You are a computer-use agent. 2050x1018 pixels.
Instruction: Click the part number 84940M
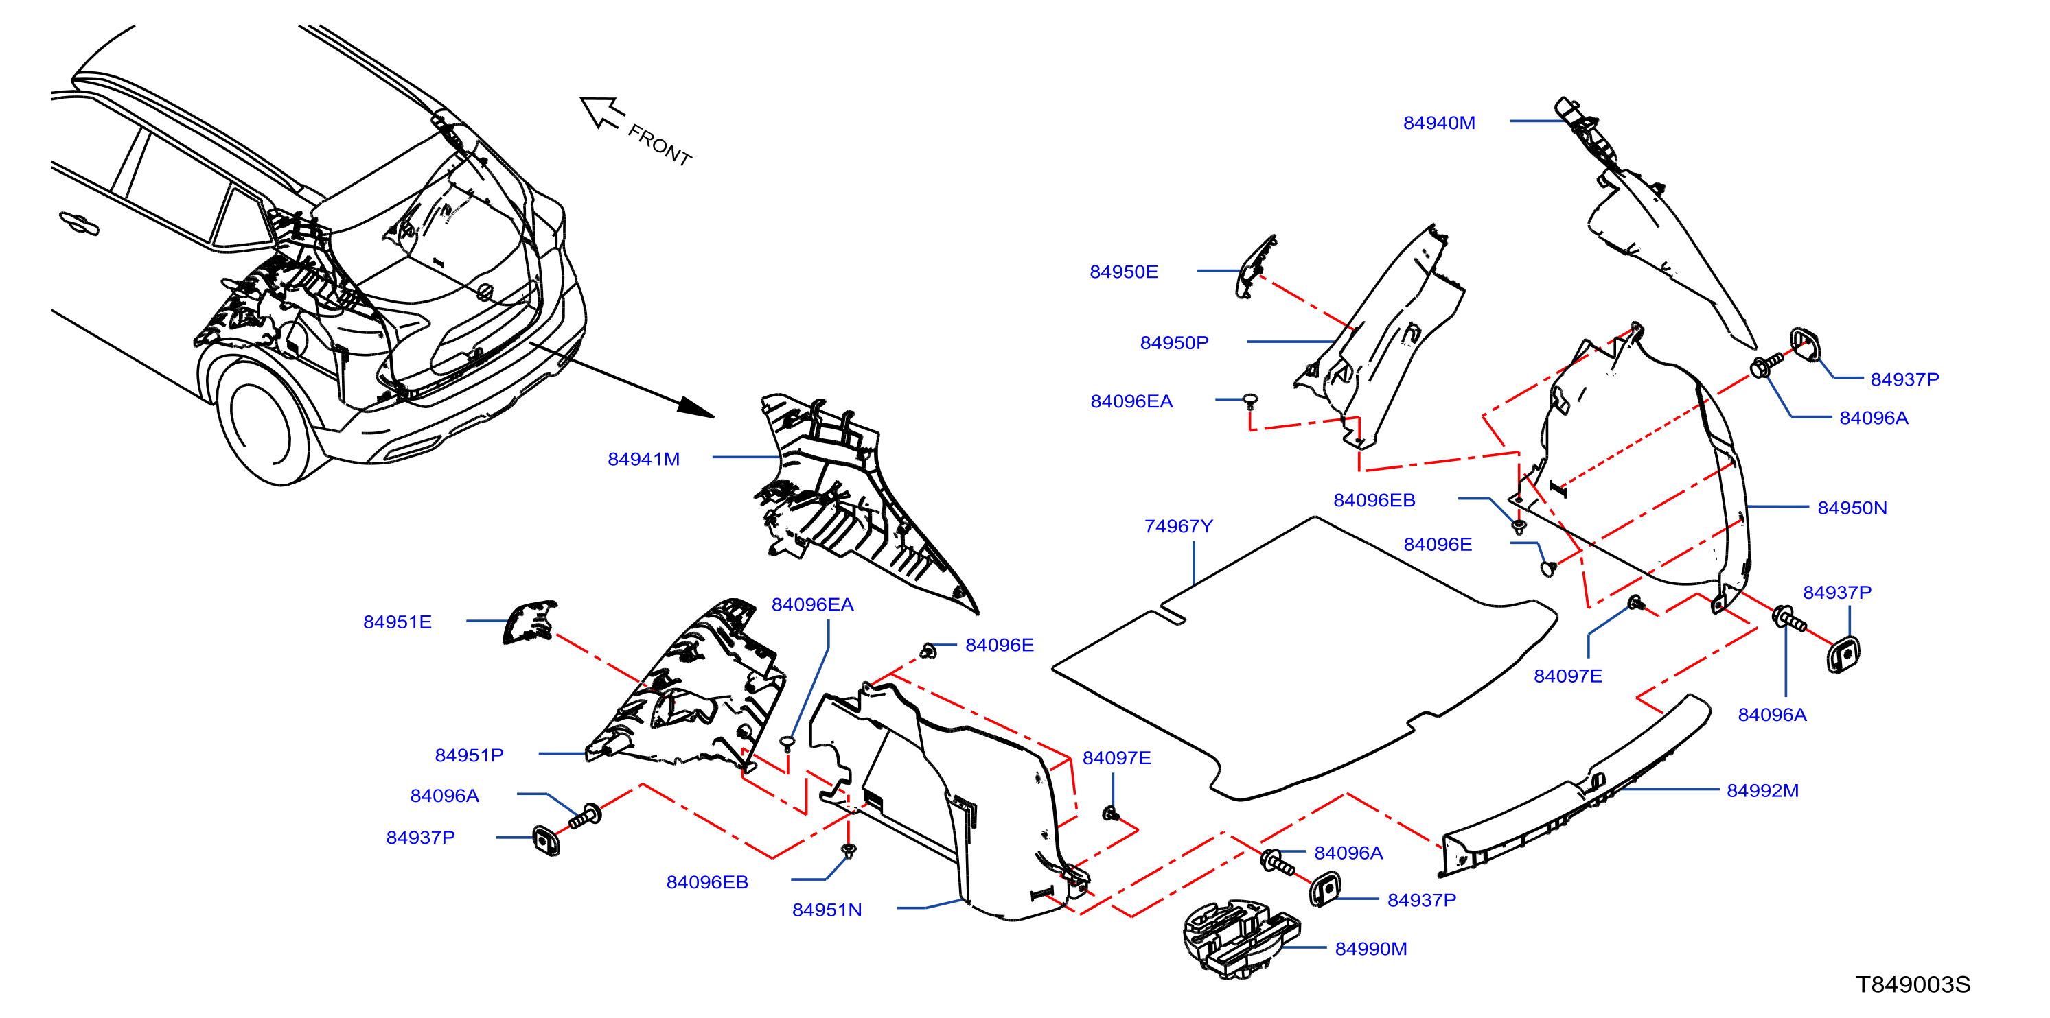point(1439,123)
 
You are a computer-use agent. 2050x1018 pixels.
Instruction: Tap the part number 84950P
point(1174,342)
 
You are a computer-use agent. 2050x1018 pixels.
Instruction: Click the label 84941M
point(644,459)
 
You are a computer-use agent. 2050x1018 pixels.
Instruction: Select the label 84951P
point(469,755)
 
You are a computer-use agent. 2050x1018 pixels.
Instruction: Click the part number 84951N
point(827,909)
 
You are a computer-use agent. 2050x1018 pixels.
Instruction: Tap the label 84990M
point(1371,948)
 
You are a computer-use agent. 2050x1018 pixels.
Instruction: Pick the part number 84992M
point(1763,790)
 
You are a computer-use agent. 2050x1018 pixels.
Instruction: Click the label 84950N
point(1852,508)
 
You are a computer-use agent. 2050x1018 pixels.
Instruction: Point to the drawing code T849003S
point(1913,984)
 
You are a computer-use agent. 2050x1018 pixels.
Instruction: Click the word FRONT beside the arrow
point(660,144)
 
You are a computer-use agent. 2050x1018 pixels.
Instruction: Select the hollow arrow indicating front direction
point(601,112)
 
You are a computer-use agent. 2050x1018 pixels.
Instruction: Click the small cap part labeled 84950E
point(1255,266)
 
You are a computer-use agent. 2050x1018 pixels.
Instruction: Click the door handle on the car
point(79,223)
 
